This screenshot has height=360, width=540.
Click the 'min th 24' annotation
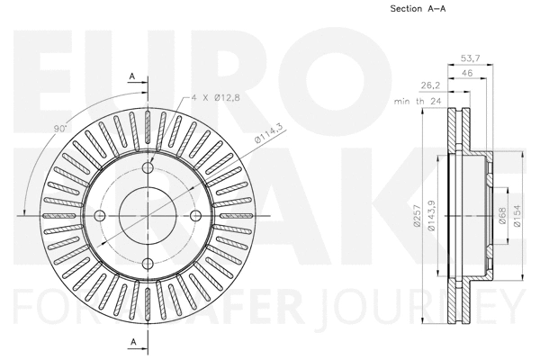(417, 102)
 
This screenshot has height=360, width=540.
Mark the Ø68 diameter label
(502, 216)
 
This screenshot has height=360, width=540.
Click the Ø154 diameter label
(517, 216)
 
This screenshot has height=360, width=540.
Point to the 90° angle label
(60, 130)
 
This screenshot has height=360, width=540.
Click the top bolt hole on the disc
(148, 167)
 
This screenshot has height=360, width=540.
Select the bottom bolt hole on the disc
(148, 262)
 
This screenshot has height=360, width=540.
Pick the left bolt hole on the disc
(101, 214)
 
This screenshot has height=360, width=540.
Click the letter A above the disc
(132, 76)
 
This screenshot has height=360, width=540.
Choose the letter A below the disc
(132, 341)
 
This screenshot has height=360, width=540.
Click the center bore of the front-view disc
(148, 214)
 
